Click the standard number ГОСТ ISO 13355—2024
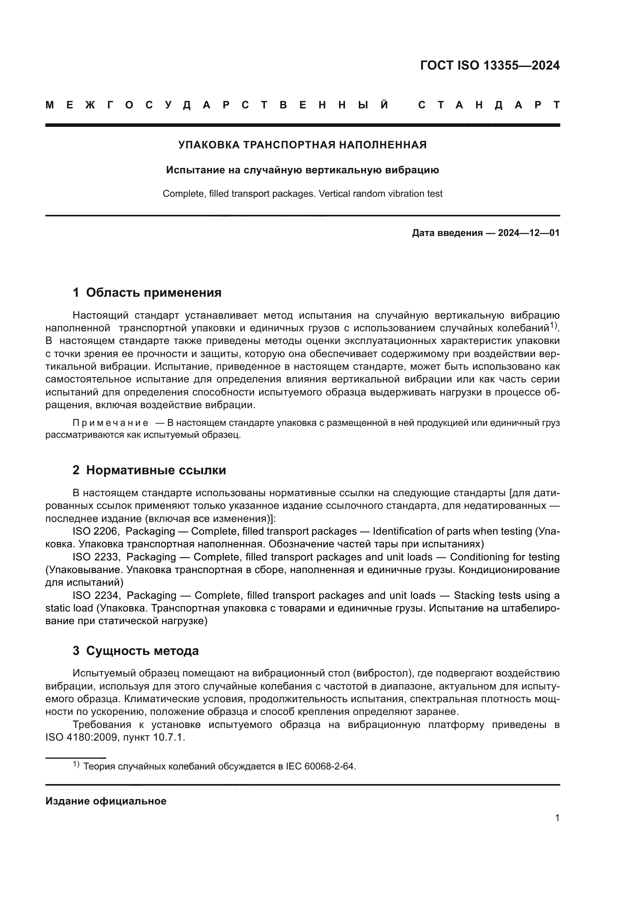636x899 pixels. pyautogui.click(x=489, y=65)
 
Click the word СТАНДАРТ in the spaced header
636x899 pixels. pyautogui.click(x=489, y=105)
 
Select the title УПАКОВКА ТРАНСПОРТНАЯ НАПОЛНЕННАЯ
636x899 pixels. pyautogui.click(x=302, y=145)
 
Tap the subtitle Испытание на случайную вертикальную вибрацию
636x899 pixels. pyautogui.click(x=302, y=170)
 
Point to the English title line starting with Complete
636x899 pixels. pyautogui.click(x=302, y=193)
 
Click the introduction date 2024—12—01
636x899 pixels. pyautogui.click(x=528, y=233)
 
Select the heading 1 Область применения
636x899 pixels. pyautogui.click(x=147, y=292)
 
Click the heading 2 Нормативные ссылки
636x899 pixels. pyautogui.click(x=149, y=470)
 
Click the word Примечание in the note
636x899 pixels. pyautogui.click(x=110, y=423)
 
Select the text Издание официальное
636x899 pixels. pyautogui.click(x=106, y=801)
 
